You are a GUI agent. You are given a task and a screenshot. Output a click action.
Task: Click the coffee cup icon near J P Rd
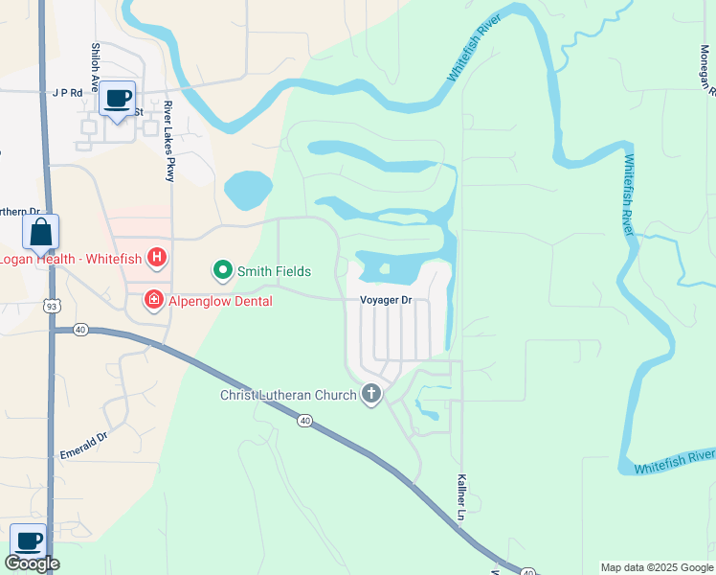(118, 99)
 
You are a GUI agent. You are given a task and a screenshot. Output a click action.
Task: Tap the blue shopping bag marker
(41, 233)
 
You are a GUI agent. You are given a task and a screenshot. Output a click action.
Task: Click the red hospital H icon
(158, 259)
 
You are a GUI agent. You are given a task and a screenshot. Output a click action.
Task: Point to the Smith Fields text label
(274, 272)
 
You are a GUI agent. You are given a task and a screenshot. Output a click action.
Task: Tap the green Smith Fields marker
(223, 271)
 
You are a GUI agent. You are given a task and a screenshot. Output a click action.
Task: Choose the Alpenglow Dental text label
(221, 301)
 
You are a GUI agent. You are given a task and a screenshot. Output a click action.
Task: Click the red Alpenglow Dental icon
(153, 301)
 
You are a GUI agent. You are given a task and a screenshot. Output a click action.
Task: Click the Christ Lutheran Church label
(288, 394)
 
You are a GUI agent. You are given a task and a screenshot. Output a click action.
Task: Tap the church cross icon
(371, 393)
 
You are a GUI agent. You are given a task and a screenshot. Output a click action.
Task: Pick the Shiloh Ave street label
(96, 66)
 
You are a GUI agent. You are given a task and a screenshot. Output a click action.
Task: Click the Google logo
(32, 563)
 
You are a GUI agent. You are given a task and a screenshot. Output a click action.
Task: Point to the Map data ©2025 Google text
(657, 567)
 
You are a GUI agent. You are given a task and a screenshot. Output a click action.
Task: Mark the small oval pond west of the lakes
(247, 190)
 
